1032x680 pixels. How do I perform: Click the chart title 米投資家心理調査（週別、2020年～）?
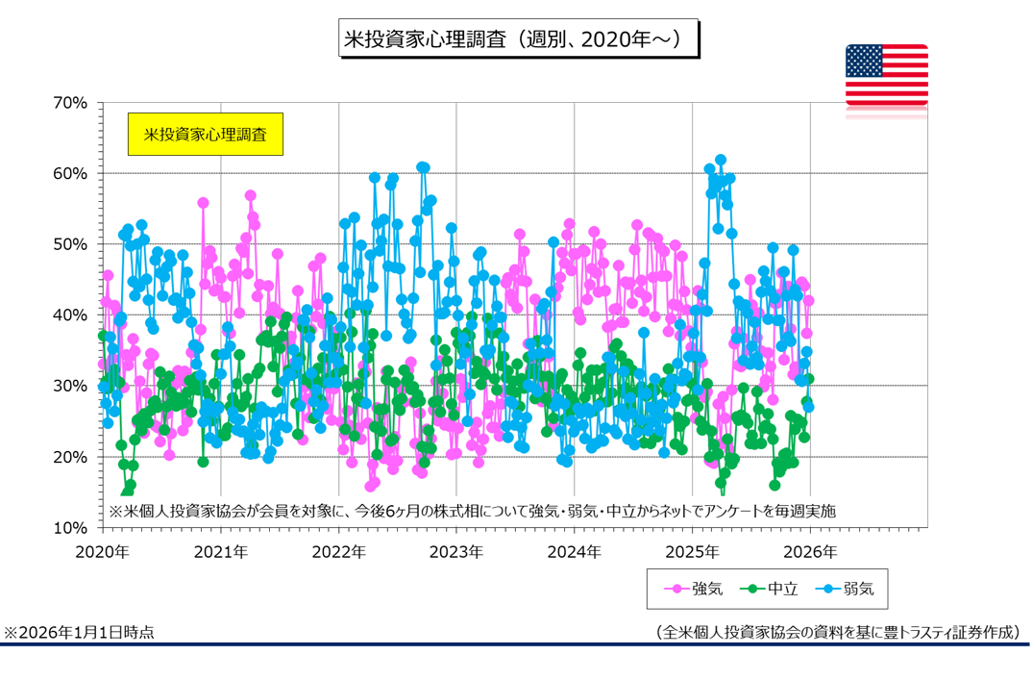pyautogui.click(x=519, y=39)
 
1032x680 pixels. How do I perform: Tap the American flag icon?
pyautogui.click(x=886, y=75)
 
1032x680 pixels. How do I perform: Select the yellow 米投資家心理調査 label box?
pyautogui.click(x=205, y=135)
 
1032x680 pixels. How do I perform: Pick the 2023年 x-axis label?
pyautogui.click(x=455, y=552)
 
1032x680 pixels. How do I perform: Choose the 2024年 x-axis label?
pyautogui.click(x=574, y=552)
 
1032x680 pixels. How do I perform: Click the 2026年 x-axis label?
pyautogui.click(x=810, y=552)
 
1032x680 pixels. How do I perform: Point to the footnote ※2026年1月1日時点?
pyautogui.click(x=79, y=632)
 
